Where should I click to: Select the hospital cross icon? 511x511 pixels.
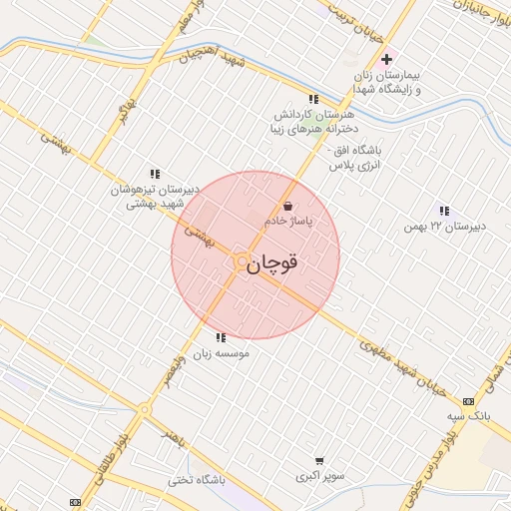386,60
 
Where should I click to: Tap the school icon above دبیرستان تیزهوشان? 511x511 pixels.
155,174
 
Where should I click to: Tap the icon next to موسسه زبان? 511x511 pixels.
220,337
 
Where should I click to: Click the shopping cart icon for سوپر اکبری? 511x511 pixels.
318,461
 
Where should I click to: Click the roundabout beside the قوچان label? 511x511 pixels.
241,261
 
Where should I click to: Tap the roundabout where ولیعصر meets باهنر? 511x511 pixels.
146,408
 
